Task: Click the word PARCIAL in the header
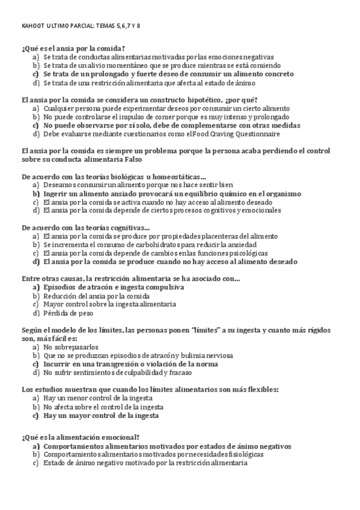coord(84,26)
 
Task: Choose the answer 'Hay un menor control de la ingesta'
coord(98,398)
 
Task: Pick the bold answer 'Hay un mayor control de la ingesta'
coord(101,416)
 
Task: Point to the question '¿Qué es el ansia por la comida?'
coord(73,49)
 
